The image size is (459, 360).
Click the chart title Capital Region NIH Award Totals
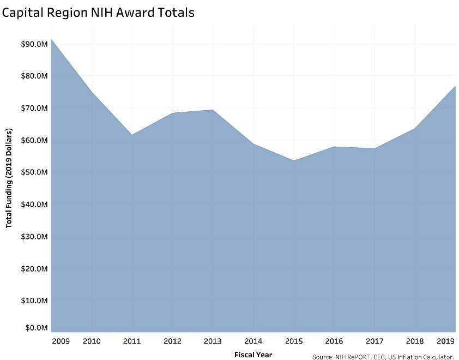pos(98,13)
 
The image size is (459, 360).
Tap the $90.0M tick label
pos(33,44)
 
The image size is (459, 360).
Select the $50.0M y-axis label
pos(33,172)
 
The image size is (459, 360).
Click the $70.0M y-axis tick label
pos(33,108)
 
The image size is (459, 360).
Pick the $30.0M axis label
pos(33,236)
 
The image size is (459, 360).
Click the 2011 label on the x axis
pos(131,341)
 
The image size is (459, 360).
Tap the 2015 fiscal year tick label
pos(293,341)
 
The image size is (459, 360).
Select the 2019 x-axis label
pos(446,341)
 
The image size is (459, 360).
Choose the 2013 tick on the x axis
pos(212,341)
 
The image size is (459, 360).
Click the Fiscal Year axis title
pos(253,354)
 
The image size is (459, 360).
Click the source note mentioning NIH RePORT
pos(383,357)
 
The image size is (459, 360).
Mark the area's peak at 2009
pos(51,39)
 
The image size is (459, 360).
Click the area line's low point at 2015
pos(293,160)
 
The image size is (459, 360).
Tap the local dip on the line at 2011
pos(131,135)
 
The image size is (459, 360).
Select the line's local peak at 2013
pos(212,110)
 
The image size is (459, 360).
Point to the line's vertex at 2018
pos(415,128)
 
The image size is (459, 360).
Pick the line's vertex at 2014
pos(252,143)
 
